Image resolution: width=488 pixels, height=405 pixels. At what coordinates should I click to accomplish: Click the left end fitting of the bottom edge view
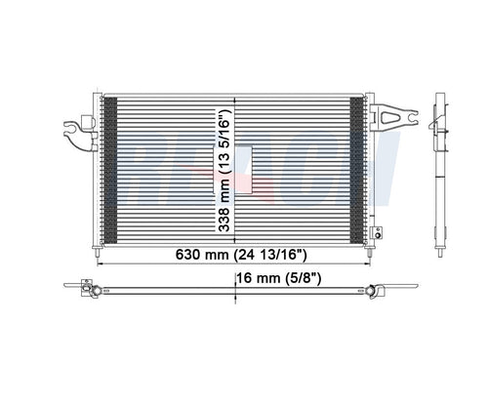pos(89,289)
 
